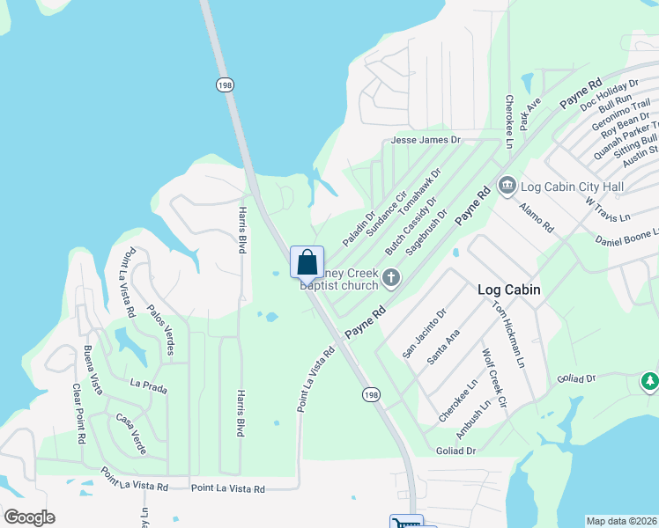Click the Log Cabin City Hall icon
507,186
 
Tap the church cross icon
391,279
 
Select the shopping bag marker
307,262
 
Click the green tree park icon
649,382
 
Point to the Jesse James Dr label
426,140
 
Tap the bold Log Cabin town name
508,290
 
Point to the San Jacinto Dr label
425,332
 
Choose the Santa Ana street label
442,348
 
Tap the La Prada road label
147,385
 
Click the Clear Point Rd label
79,413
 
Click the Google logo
29,517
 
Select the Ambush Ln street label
472,422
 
